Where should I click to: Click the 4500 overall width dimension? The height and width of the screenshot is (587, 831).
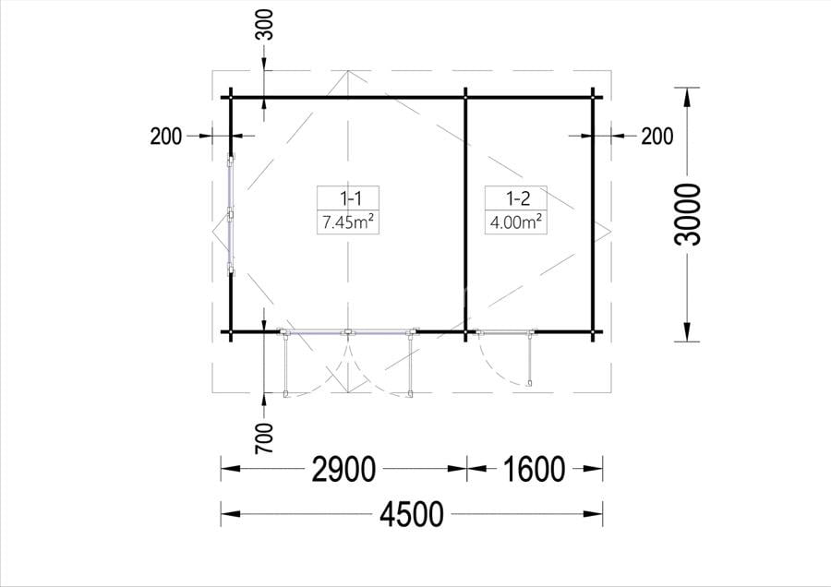click(x=411, y=514)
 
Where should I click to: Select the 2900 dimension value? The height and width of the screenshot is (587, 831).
click(x=344, y=469)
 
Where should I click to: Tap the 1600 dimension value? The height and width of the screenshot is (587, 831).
click(x=534, y=469)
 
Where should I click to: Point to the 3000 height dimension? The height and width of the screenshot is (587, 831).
click(x=687, y=214)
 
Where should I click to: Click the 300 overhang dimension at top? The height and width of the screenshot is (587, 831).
click(x=264, y=24)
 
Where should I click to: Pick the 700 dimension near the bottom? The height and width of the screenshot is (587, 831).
click(x=264, y=437)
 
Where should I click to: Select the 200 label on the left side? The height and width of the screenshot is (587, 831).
click(x=166, y=137)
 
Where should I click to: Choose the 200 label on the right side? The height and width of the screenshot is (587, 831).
click(x=657, y=137)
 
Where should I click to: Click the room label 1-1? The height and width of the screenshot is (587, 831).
click(x=350, y=198)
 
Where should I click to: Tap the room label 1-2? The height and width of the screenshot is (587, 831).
click(x=518, y=198)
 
